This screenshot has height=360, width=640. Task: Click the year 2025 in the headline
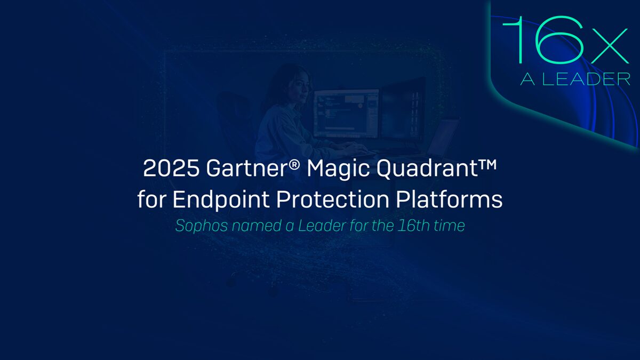click(x=171, y=168)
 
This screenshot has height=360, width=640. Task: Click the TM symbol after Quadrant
click(x=487, y=164)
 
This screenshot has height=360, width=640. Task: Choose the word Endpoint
click(x=221, y=199)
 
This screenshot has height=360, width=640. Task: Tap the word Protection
click(x=333, y=199)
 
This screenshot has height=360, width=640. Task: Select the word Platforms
click(x=449, y=198)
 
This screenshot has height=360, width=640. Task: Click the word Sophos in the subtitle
click(x=202, y=226)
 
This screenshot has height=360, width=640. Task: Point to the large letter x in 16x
click(x=609, y=46)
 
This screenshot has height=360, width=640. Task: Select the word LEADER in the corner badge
click(x=586, y=79)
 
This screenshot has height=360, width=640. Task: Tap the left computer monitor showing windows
click(x=347, y=114)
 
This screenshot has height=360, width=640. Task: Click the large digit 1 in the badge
click(x=517, y=40)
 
